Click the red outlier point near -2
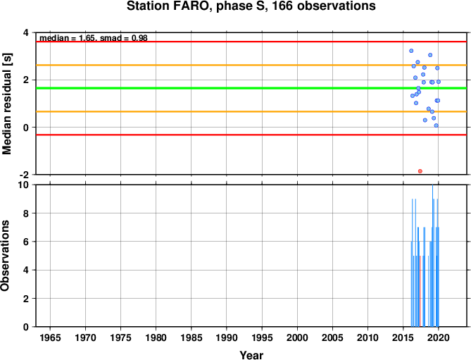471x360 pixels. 420,171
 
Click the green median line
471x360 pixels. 251,88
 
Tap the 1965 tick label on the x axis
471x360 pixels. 50,337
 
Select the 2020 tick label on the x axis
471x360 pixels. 438,337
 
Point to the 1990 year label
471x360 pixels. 227,337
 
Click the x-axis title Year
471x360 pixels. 251,355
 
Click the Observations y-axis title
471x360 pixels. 5,256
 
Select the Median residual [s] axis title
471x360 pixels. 6,104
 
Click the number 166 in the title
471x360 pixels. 282,6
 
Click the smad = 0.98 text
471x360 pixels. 123,38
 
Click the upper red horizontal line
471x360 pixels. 251,42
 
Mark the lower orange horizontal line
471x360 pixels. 251,111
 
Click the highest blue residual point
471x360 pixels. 411,51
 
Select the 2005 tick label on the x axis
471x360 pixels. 332,337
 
